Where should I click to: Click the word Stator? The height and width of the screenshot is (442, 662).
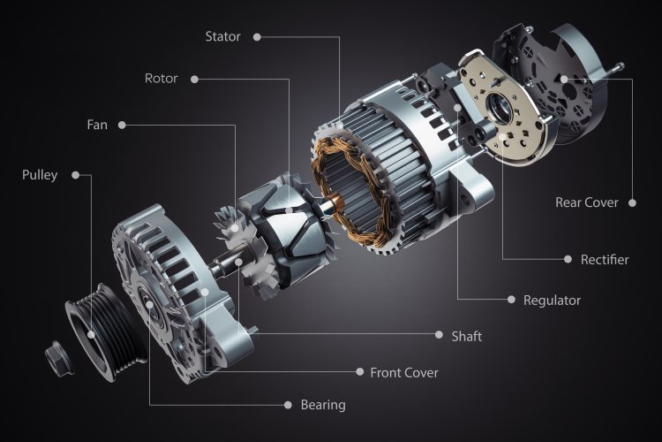pos(222,36)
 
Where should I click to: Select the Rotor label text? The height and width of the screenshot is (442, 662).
pos(161,79)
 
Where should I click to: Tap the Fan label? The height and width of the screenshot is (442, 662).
pos(97,125)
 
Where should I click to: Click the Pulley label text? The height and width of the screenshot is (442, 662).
pos(40,175)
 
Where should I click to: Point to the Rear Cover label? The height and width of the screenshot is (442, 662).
pos(586,202)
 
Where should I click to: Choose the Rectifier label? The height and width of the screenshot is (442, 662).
pos(605,260)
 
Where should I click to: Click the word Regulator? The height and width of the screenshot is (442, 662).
pos(552,301)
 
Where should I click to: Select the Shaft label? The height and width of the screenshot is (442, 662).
pos(466,336)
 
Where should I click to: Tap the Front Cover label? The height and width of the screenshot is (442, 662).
pos(404,372)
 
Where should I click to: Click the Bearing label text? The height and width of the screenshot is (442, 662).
pos(323,405)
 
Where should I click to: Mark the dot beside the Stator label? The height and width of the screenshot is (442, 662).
pos(258,37)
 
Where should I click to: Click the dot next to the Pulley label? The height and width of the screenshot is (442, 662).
pos(75,175)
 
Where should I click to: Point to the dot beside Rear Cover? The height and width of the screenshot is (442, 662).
pos(632,202)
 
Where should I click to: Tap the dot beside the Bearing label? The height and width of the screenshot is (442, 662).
pos(288,405)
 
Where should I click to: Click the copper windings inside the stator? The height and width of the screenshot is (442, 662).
pos(340,177)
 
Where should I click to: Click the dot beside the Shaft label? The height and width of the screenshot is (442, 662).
pos(439,336)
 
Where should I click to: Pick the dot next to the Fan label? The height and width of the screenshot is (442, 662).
pos(122,125)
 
